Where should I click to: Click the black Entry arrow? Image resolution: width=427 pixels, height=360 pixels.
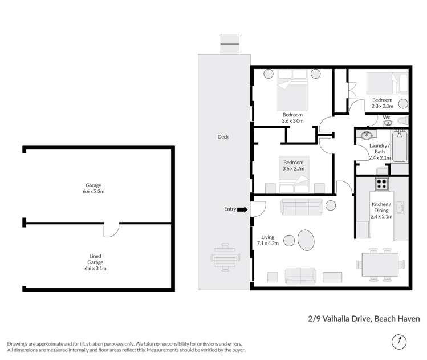point(242,209)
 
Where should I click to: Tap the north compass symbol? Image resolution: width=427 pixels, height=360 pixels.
point(399,341)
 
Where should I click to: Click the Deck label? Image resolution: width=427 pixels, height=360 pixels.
point(223,137)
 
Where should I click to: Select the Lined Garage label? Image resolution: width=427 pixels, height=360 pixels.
point(95,260)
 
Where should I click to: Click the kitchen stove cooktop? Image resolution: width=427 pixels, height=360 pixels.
point(381,185)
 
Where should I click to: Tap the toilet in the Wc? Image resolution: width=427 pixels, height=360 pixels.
point(402,120)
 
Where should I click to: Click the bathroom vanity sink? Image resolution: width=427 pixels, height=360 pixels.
point(366,136)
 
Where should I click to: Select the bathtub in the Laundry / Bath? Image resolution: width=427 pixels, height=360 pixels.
point(400,147)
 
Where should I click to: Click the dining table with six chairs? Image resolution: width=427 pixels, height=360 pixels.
point(381,264)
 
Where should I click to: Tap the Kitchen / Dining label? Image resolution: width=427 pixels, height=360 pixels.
point(381,208)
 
